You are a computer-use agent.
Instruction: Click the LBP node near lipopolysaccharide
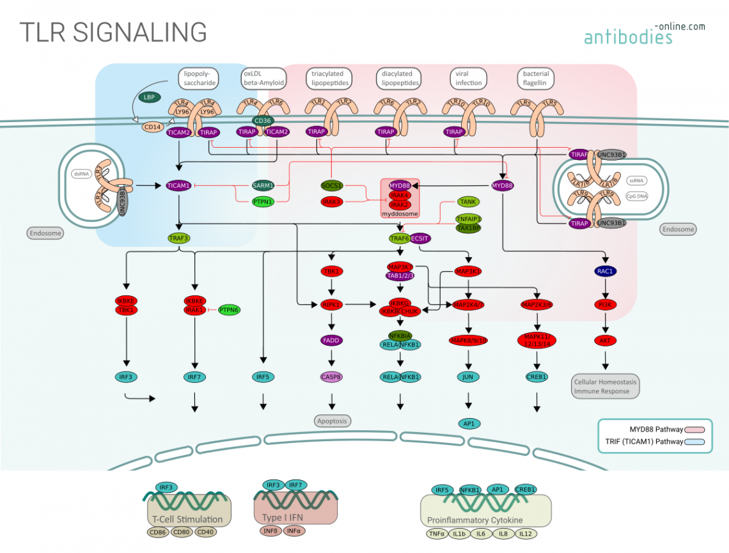tap(149, 97)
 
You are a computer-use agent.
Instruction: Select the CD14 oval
tap(153, 127)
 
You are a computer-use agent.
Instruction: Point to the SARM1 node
tap(262, 185)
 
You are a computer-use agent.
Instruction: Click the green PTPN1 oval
tap(262, 201)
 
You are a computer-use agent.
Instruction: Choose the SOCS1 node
tap(332, 185)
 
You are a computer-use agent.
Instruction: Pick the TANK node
tap(468, 201)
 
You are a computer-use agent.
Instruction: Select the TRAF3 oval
tap(179, 238)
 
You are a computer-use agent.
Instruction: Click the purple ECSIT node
tap(421, 238)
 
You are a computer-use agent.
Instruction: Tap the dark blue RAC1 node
tap(605, 271)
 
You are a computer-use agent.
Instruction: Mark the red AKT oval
tap(605, 340)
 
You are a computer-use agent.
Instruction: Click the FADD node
tap(331, 340)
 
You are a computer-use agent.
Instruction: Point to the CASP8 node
tap(331, 377)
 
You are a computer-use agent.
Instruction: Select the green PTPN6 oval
tap(230, 309)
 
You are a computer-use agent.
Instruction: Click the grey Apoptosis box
tap(333, 421)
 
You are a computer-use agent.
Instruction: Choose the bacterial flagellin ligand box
tap(535, 78)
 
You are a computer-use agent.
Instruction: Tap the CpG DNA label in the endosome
tap(637, 196)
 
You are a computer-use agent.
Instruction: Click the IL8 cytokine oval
tap(504, 534)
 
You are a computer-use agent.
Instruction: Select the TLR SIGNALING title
tap(113, 32)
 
